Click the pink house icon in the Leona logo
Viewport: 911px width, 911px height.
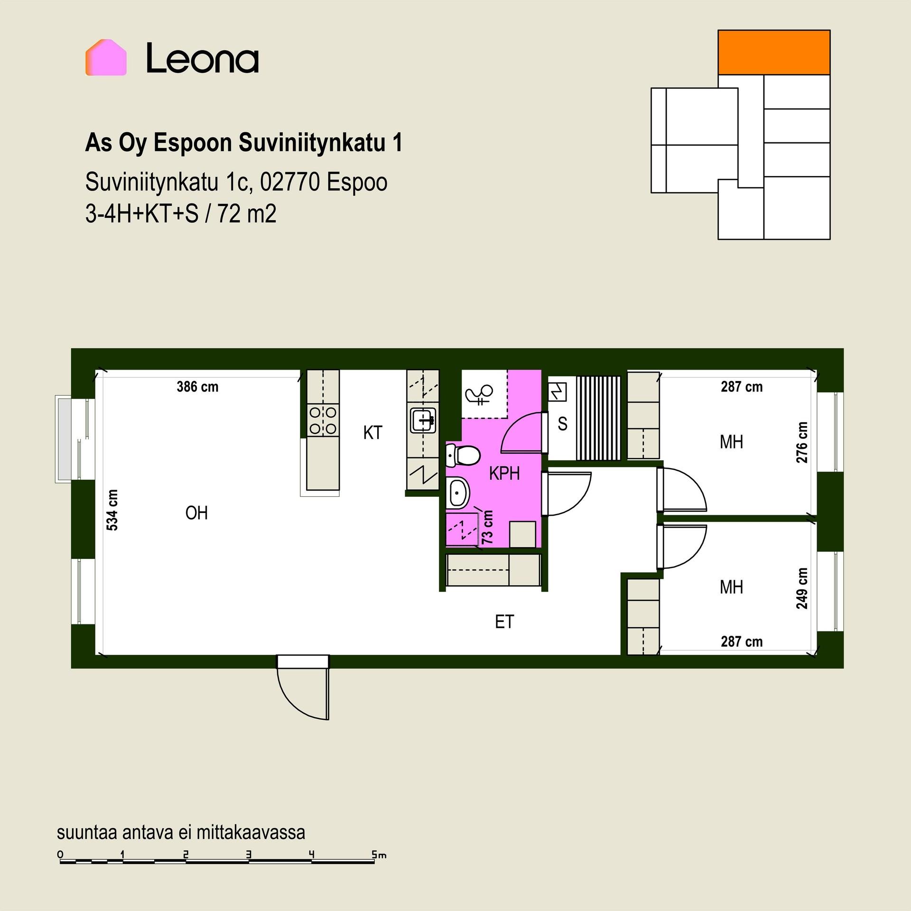[106, 57]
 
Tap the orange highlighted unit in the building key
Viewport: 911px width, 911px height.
[774, 52]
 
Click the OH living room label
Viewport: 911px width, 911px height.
[196, 513]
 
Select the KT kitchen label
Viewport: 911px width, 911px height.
[372, 433]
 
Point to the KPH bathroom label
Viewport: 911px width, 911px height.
[504, 474]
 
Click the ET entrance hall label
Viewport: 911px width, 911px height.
[504, 622]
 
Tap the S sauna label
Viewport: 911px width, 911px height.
[563, 424]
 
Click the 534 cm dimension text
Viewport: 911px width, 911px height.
[112, 510]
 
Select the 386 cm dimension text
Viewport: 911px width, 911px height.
[197, 387]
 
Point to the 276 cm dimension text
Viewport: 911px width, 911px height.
[802, 443]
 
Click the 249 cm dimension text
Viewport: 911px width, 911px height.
[802, 588]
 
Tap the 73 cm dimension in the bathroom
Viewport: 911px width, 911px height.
[487, 527]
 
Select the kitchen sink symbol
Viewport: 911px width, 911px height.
[423, 420]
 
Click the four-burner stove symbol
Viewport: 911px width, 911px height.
[323, 420]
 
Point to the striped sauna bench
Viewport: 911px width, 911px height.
[598, 418]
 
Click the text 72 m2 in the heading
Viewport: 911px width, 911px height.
[247, 214]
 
